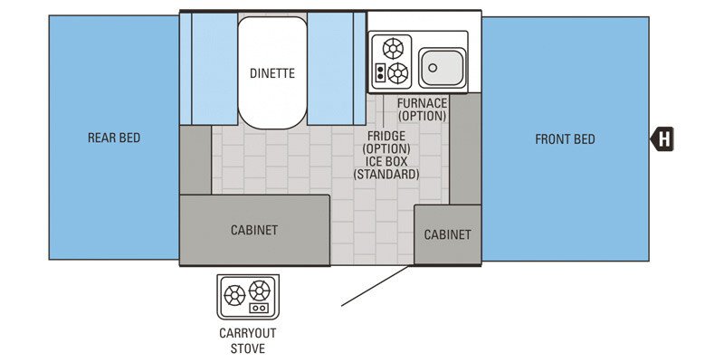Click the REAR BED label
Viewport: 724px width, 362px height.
114,138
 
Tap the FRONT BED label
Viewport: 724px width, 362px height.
565,138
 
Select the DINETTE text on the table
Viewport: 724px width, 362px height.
272,73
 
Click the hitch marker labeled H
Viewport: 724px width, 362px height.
664,139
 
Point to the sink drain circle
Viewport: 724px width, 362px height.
433,66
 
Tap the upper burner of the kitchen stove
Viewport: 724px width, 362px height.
394,48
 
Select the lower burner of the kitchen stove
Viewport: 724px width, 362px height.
397,73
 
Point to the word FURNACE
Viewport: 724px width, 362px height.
422,103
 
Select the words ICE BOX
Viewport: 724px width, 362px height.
386,161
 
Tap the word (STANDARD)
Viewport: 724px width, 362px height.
386,174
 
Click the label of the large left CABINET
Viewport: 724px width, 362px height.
254,230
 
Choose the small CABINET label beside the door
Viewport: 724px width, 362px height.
448,234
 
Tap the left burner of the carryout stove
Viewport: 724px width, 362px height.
234,294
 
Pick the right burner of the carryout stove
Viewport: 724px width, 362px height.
260,291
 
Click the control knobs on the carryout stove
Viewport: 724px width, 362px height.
260,309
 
